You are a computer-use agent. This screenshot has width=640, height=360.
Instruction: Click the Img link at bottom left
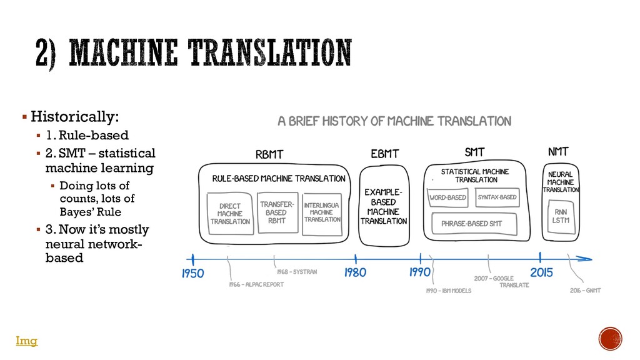pos(26,341)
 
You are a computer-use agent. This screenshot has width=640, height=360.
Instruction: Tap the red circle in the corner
pos(610,339)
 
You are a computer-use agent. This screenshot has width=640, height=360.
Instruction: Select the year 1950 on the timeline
pos(193,273)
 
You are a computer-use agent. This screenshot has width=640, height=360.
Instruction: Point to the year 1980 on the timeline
pos(355,272)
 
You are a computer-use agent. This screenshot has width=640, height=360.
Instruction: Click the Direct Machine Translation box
pos(230,213)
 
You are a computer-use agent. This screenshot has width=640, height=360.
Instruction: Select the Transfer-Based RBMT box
pos(276,212)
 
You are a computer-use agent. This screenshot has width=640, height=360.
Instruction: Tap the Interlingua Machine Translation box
pos(322,212)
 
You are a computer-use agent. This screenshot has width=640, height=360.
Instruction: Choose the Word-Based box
pos(448,197)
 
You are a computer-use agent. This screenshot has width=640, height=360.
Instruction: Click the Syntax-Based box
pos(497,197)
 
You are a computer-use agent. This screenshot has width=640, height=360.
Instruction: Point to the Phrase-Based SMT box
pos(472,223)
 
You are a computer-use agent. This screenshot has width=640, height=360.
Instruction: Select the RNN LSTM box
pos(561,216)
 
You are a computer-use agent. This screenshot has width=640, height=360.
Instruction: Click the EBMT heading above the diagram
pos(384,153)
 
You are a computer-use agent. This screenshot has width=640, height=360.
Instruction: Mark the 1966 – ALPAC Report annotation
pos(256,284)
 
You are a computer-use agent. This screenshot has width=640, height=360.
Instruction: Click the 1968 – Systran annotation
pos(297,272)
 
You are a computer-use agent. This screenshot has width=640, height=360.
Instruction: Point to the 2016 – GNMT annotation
pos(585,290)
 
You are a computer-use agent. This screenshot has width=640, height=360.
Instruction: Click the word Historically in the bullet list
pos(74,117)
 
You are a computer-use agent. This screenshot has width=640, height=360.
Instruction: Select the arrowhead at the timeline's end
pos(586,257)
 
